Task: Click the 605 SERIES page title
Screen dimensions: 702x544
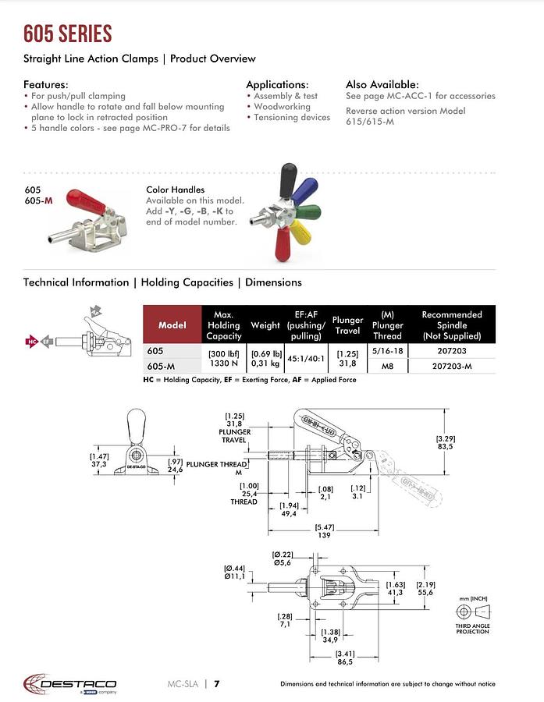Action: tap(67, 34)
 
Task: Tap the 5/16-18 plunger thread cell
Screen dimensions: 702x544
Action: tap(387, 352)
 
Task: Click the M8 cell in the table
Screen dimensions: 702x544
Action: tap(387, 365)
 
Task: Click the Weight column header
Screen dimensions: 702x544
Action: tap(265, 324)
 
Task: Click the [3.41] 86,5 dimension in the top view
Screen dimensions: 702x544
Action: tap(344, 657)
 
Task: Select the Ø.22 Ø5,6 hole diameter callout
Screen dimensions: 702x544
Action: tap(283, 558)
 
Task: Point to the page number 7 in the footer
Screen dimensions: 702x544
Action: tap(217, 684)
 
